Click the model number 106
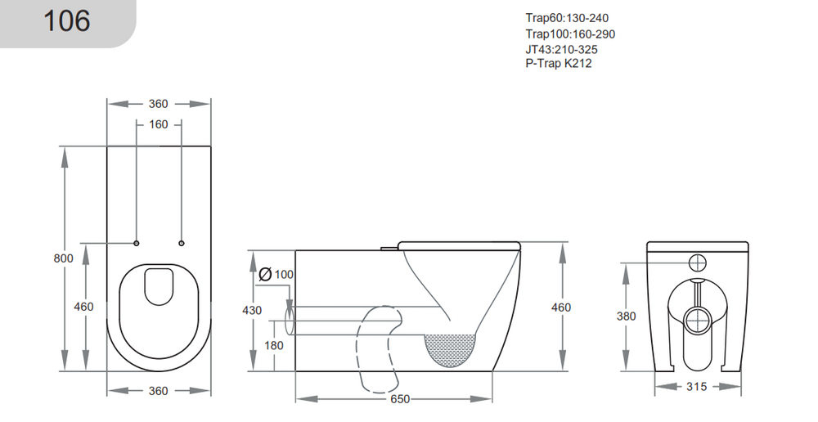coord(66,20)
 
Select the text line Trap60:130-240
coord(566,18)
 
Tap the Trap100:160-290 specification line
coord(569,34)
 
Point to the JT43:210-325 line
coord(561,49)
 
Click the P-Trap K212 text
coord(558,63)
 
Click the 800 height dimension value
coord(64,258)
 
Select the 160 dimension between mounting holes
coord(159,124)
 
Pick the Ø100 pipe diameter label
coord(276,274)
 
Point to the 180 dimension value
coord(274,346)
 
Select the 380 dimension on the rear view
coord(626,316)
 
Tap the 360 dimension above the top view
coord(159,104)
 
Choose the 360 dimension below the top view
coord(159,391)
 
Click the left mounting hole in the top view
coord(137,243)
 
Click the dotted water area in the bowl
coord(451,348)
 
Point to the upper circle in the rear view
coord(698,263)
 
